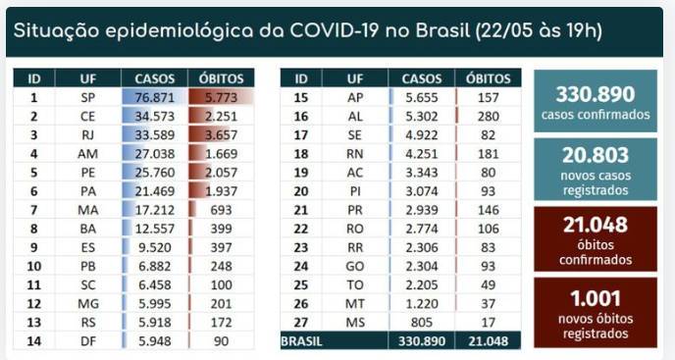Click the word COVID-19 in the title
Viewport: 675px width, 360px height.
tap(334, 30)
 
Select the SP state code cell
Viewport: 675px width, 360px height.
tap(88, 98)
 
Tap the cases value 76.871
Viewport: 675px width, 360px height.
tap(155, 98)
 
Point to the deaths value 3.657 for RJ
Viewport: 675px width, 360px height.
tap(222, 135)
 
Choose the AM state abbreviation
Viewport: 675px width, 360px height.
tap(88, 154)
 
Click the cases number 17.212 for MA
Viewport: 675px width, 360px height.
tap(155, 210)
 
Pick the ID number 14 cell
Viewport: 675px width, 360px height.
tap(34, 341)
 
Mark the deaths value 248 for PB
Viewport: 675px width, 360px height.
tap(222, 267)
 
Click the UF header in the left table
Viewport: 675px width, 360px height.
tap(88, 78)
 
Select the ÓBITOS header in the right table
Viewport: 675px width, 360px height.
tap(489, 78)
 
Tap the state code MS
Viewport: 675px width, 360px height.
tap(355, 323)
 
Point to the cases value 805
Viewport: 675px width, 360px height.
tap(422, 323)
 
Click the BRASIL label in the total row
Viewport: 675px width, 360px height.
tap(301, 341)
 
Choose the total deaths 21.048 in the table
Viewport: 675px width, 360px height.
tap(489, 341)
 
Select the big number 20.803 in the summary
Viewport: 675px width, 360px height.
tap(596, 155)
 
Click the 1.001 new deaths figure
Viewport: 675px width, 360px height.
tap(596, 299)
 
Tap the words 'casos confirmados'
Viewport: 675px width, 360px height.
tap(596, 115)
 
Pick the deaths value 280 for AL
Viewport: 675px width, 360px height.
tap(489, 117)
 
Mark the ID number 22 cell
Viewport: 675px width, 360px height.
tap(301, 229)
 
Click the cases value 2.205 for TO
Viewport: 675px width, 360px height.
tap(422, 285)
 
